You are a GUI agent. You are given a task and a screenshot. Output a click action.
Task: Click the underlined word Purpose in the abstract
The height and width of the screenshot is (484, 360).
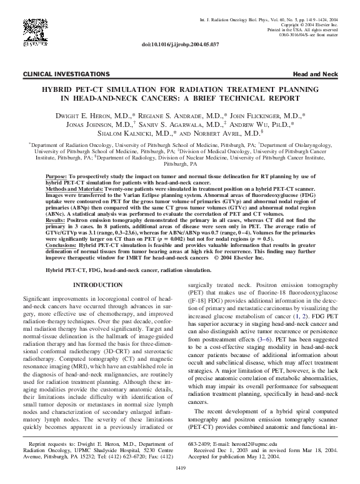coord(57,177)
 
